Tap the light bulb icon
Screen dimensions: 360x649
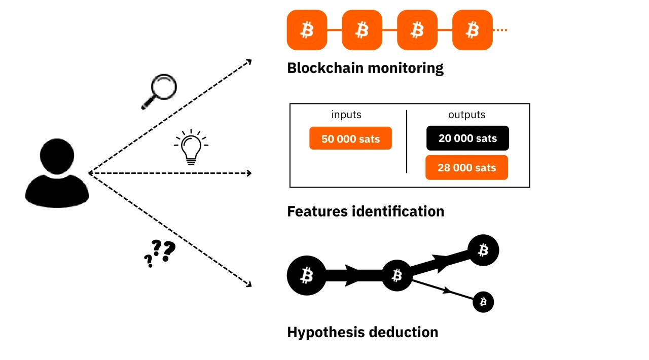(x=191, y=147)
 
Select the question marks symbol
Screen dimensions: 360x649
(x=160, y=253)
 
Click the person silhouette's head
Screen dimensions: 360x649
(x=57, y=157)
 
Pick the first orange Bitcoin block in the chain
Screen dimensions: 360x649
(x=307, y=30)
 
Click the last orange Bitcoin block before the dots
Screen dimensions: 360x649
(x=472, y=30)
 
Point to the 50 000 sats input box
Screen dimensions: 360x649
(x=350, y=138)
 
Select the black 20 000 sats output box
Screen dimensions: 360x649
(x=467, y=138)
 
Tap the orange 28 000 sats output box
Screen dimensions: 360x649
(x=466, y=168)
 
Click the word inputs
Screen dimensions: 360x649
(x=346, y=115)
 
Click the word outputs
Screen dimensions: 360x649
(x=466, y=115)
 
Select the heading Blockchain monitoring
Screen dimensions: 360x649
(x=365, y=68)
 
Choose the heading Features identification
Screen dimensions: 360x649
(x=366, y=211)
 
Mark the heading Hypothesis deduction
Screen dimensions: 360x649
(x=363, y=332)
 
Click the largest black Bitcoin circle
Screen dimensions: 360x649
(x=307, y=276)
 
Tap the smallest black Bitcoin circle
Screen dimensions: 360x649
(x=483, y=302)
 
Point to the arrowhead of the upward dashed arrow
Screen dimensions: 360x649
(x=248, y=61)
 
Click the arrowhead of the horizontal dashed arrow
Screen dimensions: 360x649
(x=249, y=173)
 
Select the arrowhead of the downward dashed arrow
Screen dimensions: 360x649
(x=248, y=284)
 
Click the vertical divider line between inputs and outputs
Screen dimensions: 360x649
(x=407, y=142)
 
